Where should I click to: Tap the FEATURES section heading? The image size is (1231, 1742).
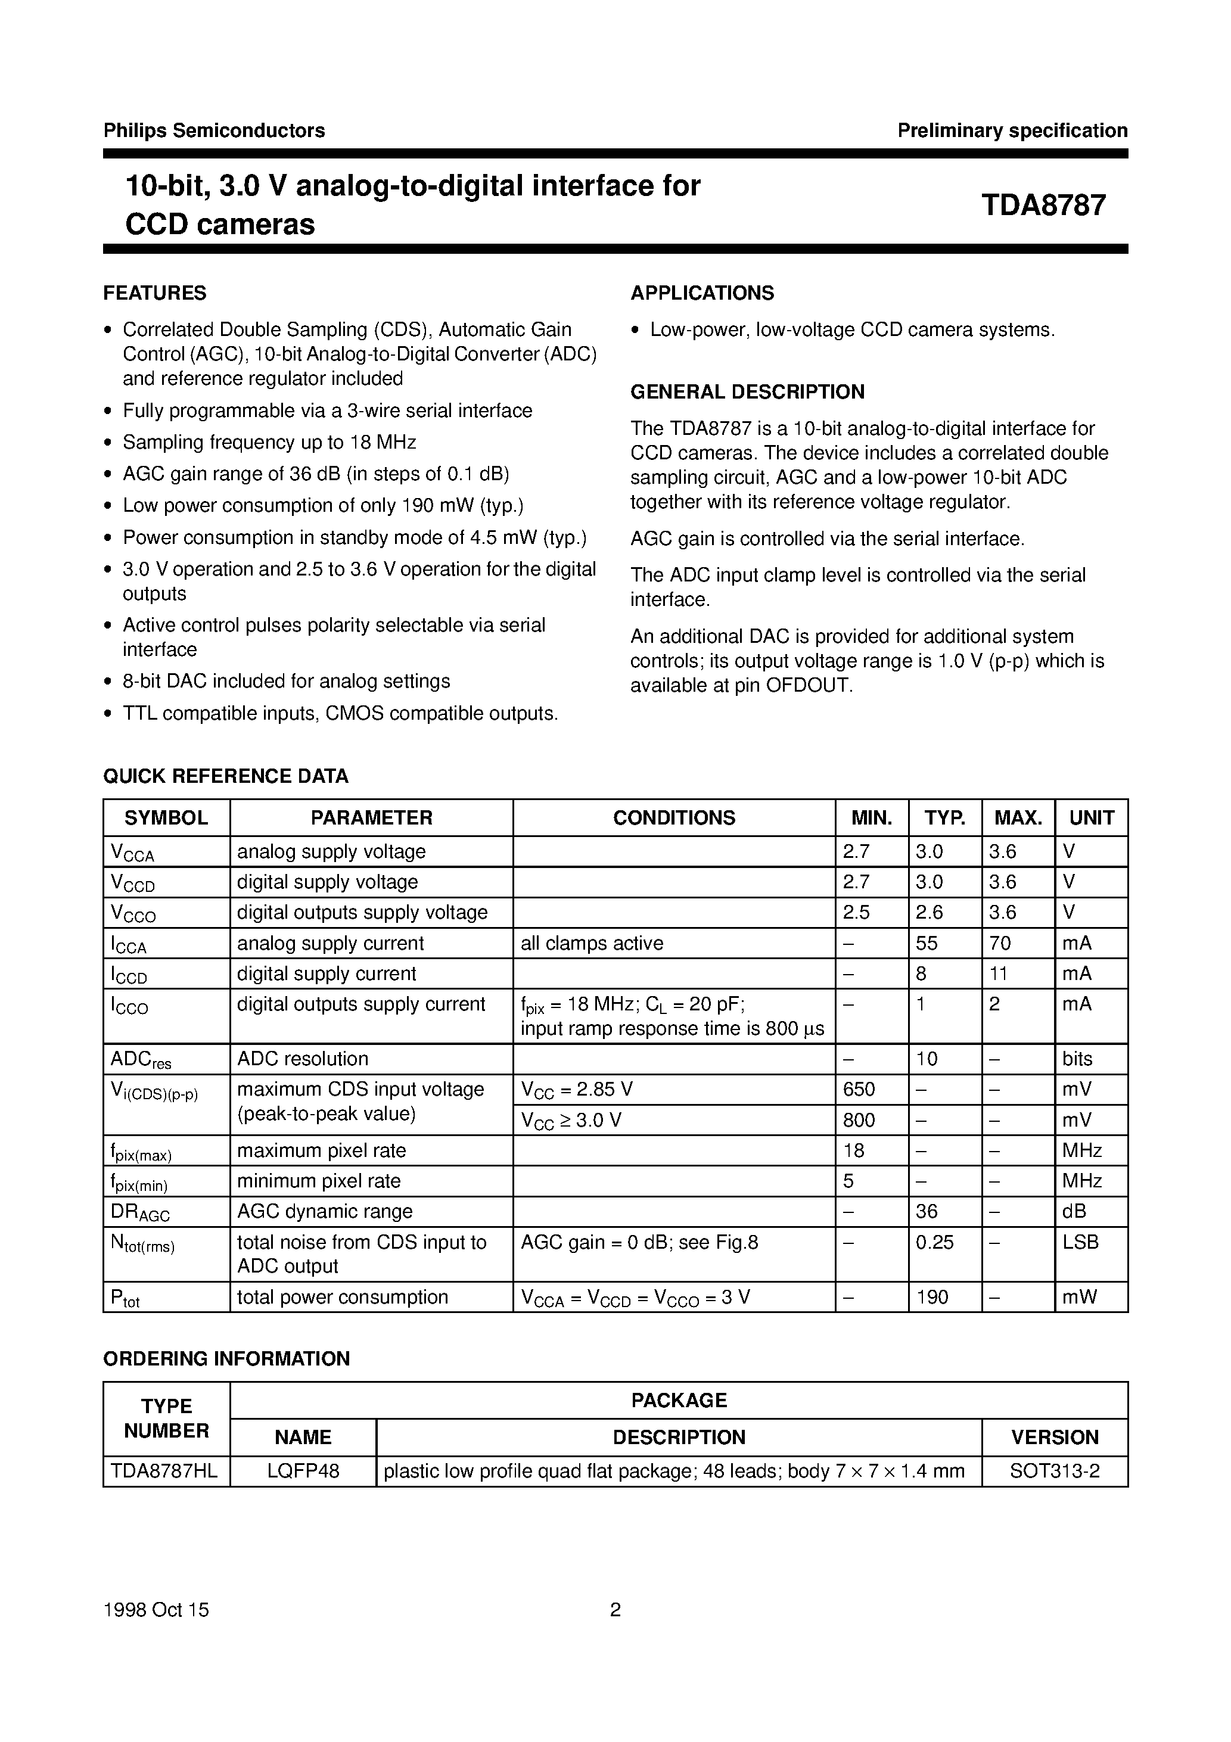(x=155, y=293)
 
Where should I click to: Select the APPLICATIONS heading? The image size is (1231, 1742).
(x=702, y=293)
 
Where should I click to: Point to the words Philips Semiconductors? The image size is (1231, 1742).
(x=214, y=130)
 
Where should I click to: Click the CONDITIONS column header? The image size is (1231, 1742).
(x=673, y=818)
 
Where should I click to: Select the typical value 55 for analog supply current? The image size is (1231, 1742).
(x=926, y=943)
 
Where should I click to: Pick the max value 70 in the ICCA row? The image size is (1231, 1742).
(x=1000, y=943)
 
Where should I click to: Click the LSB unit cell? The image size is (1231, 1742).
(x=1080, y=1242)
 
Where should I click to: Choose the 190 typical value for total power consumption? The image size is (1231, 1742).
(x=932, y=1296)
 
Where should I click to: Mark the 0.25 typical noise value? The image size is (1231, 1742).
(x=934, y=1242)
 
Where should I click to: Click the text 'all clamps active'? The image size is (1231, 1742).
(x=592, y=943)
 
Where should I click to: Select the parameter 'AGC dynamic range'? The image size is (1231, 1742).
(x=325, y=1211)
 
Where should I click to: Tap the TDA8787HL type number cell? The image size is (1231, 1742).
(x=164, y=1471)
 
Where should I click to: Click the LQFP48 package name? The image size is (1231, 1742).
(x=303, y=1471)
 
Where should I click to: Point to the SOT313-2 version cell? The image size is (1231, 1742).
(x=1054, y=1471)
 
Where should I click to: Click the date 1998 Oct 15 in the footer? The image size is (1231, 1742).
(x=156, y=1609)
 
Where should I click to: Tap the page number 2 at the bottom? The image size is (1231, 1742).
(x=615, y=1609)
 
